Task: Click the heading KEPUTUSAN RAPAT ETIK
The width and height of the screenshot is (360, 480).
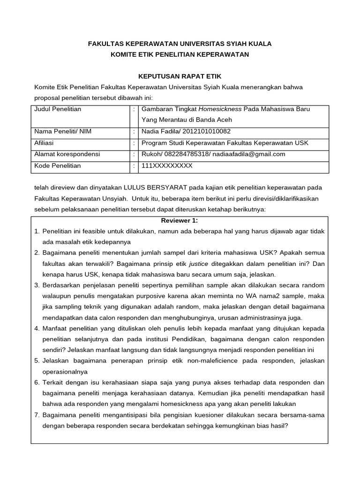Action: pyautogui.click(x=180, y=76)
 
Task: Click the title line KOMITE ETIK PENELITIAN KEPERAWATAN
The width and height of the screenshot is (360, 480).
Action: pyautogui.click(x=180, y=54)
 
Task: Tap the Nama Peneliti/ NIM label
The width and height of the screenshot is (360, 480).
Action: pyautogui.click(x=62, y=131)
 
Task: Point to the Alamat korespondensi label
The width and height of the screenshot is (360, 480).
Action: pyautogui.click(x=67, y=154)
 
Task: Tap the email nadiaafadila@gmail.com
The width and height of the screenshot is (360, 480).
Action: pyautogui.click(x=249, y=154)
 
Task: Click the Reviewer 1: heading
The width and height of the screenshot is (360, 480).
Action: pyautogui.click(x=180, y=220)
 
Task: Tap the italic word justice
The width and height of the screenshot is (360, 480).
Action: pyautogui.click(x=198, y=263)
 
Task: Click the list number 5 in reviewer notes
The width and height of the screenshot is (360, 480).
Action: pyautogui.click(x=37, y=360)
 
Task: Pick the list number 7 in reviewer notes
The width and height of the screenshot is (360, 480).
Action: pyautogui.click(x=37, y=414)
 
